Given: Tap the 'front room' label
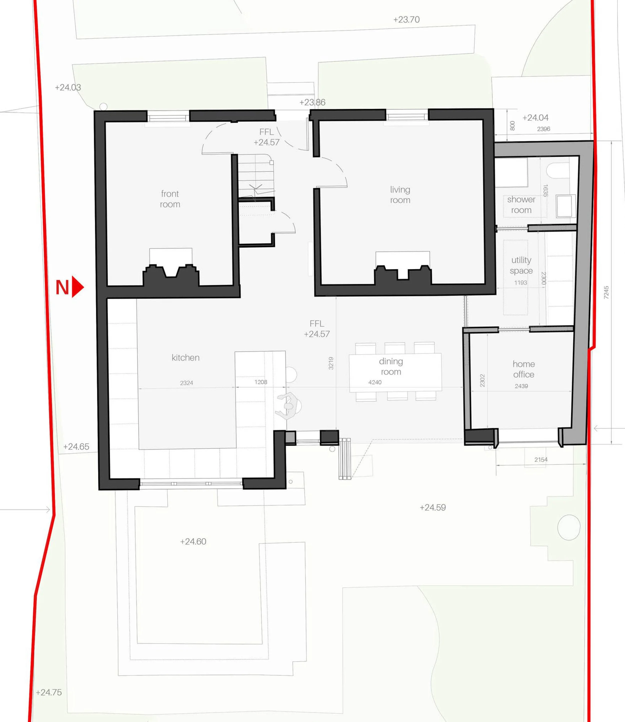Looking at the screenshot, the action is coord(170,199).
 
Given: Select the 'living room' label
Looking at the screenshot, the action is coord(400,195).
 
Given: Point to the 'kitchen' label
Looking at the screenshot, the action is coord(185,358).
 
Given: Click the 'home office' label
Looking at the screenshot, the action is coord(523,369).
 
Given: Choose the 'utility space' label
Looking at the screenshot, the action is coord(521,265).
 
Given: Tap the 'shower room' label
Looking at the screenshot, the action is coord(521,205).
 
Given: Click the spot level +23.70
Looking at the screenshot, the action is coord(406,19).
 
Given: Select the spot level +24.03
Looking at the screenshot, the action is coord(68,87).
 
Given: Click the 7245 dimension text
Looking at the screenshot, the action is coord(606,292).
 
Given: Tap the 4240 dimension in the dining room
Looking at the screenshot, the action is coord(375,382).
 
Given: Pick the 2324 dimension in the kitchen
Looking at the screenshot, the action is coord(186,383).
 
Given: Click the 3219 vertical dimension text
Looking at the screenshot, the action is coord(331,363).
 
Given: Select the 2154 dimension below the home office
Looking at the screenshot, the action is coord(541,460).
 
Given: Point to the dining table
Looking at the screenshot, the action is coord(395,372).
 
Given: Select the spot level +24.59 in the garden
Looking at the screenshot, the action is coord(433,507).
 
